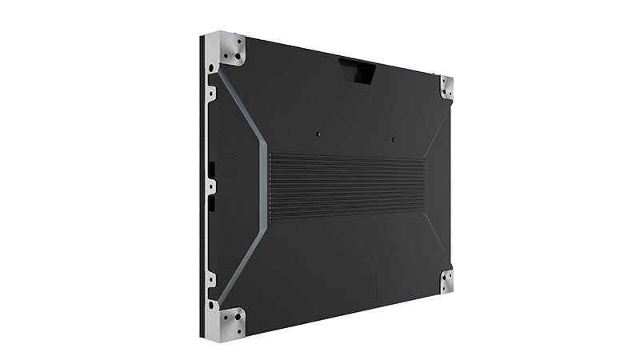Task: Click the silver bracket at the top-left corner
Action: click(226, 50)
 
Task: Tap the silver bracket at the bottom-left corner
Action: click(226, 322)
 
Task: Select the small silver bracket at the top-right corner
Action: click(446, 87)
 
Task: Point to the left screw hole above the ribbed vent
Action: click(318, 134)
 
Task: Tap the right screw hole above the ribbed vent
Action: click(394, 139)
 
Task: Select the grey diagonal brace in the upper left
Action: click(244, 108)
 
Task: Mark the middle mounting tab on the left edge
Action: click(210, 186)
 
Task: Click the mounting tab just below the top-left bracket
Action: click(210, 94)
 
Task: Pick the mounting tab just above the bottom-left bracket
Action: click(210, 280)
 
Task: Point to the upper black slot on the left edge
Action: click(212, 169)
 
